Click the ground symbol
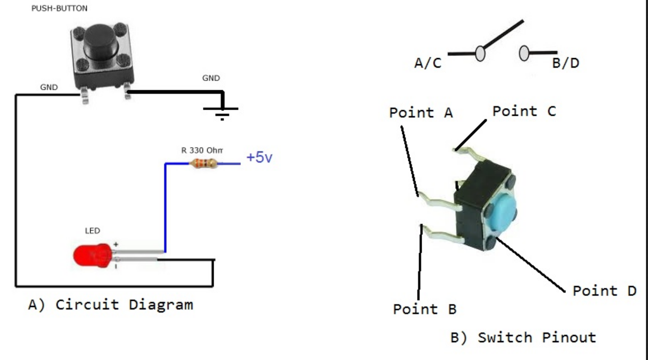(221, 111)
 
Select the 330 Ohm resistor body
(203, 164)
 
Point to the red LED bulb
(92, 256)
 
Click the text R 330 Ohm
(202, 150)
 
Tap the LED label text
(92, 231)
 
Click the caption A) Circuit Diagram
(111, 305)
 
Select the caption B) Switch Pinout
(523, 338)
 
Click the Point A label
(421, 113)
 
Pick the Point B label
(424, 309)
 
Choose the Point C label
(524, 111)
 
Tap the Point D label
(604, 291)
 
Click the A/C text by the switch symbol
(428, 64)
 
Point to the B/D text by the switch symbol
(565, 64)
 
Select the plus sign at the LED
(116, 245)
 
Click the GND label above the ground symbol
(211, 78)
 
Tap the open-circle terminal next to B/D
(524, 53)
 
